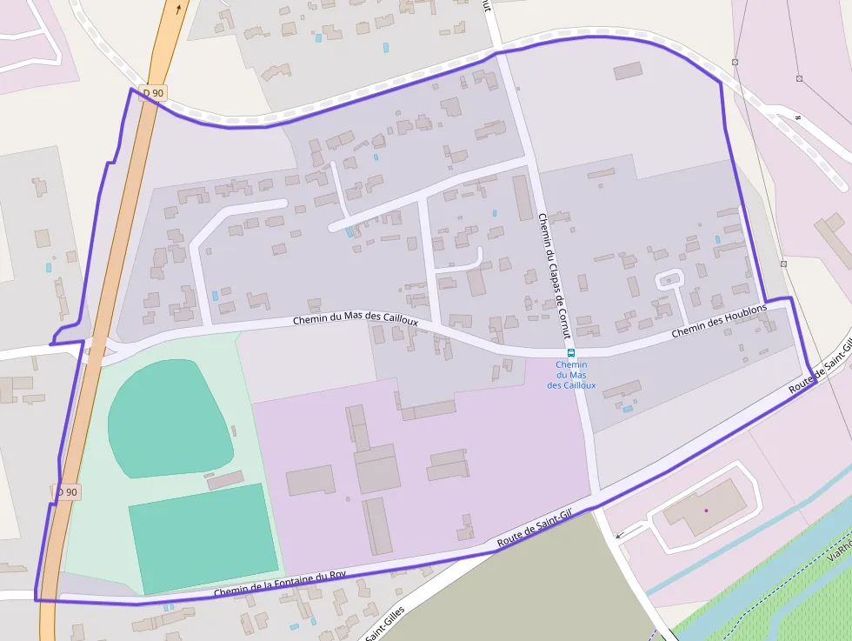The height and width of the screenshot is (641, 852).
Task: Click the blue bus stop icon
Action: (x=571, y=352)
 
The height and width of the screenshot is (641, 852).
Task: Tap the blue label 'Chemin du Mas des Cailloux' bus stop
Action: (x=571, y=375)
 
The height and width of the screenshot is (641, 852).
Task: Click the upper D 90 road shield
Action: (x=152, y=93)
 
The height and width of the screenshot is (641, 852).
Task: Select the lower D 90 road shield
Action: (x=68, y=491)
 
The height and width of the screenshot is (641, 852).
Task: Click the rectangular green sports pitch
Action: (x=203, y=537)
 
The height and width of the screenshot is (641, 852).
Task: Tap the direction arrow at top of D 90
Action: (x=179, y=10)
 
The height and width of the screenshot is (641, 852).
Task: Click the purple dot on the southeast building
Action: (x=706, y=510)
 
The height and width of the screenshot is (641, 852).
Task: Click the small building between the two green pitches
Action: (x=225, y=479)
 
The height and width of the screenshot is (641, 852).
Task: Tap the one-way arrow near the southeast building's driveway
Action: (x=619, y=536)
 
